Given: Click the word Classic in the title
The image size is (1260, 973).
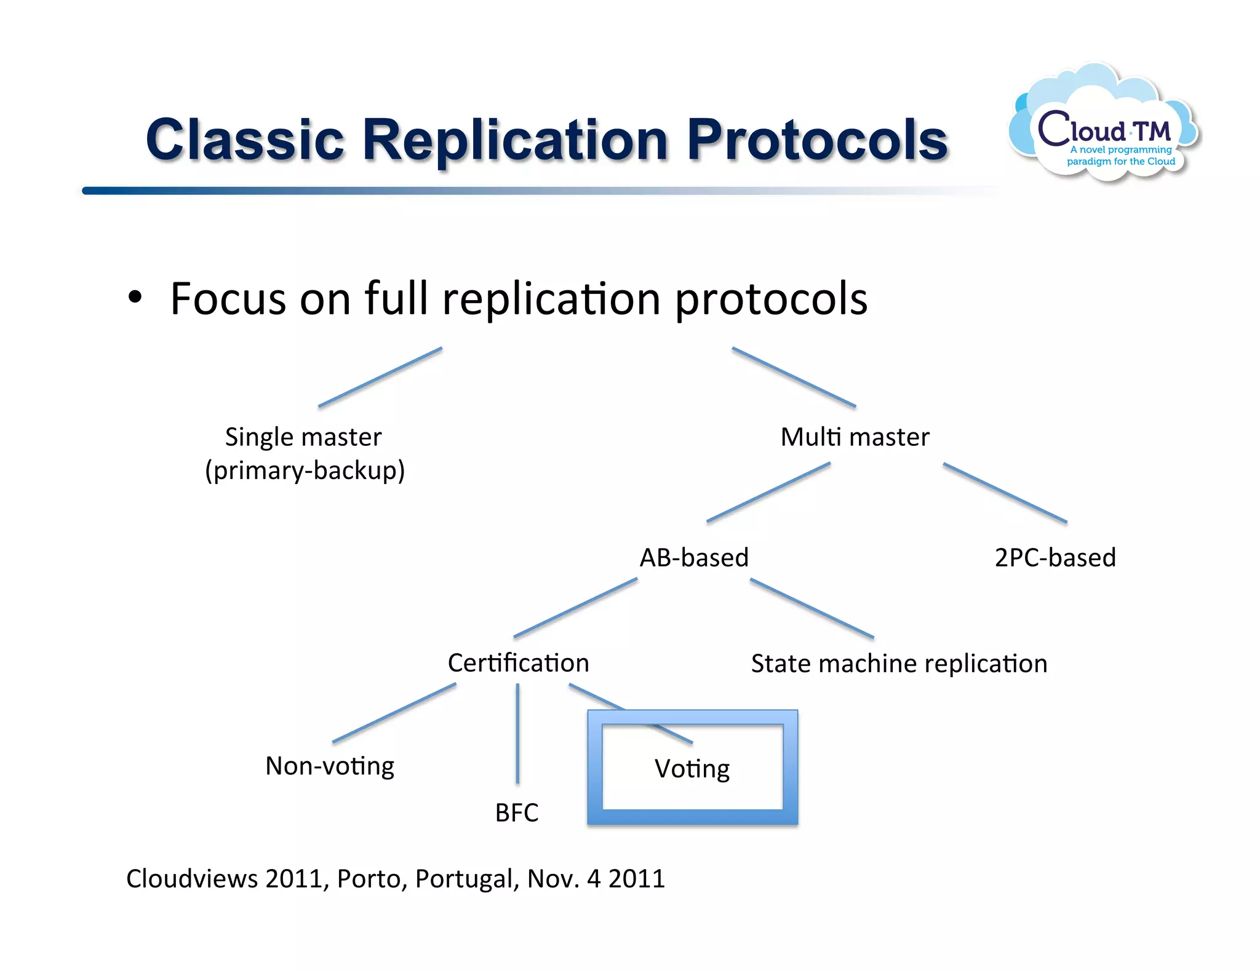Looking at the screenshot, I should [244, 140].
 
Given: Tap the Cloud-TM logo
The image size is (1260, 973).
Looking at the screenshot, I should [1104, 126].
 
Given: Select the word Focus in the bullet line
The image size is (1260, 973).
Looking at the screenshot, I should [228, 299].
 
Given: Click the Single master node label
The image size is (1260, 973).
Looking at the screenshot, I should [303, 437].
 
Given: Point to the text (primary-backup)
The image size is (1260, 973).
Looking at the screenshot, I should [305, 471].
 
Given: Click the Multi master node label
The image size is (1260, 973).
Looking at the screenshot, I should [855, 437].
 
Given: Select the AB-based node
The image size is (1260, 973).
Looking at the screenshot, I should [694, 558].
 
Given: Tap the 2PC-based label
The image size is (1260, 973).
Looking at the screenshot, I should [1055, 558].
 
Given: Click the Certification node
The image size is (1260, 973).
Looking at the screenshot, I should [518, 663].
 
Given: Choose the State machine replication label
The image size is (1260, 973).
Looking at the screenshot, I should [899, 664].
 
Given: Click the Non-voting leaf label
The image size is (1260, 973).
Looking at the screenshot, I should [330, 766].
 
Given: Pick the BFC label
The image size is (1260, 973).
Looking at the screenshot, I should [517, 813].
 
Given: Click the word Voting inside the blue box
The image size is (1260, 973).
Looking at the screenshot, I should [692, 769].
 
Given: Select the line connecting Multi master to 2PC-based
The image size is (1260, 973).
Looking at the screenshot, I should [1005, 493].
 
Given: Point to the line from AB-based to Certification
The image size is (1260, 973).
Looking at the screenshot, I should [575, 608].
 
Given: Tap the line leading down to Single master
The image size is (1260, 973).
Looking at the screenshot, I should [380, 377].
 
